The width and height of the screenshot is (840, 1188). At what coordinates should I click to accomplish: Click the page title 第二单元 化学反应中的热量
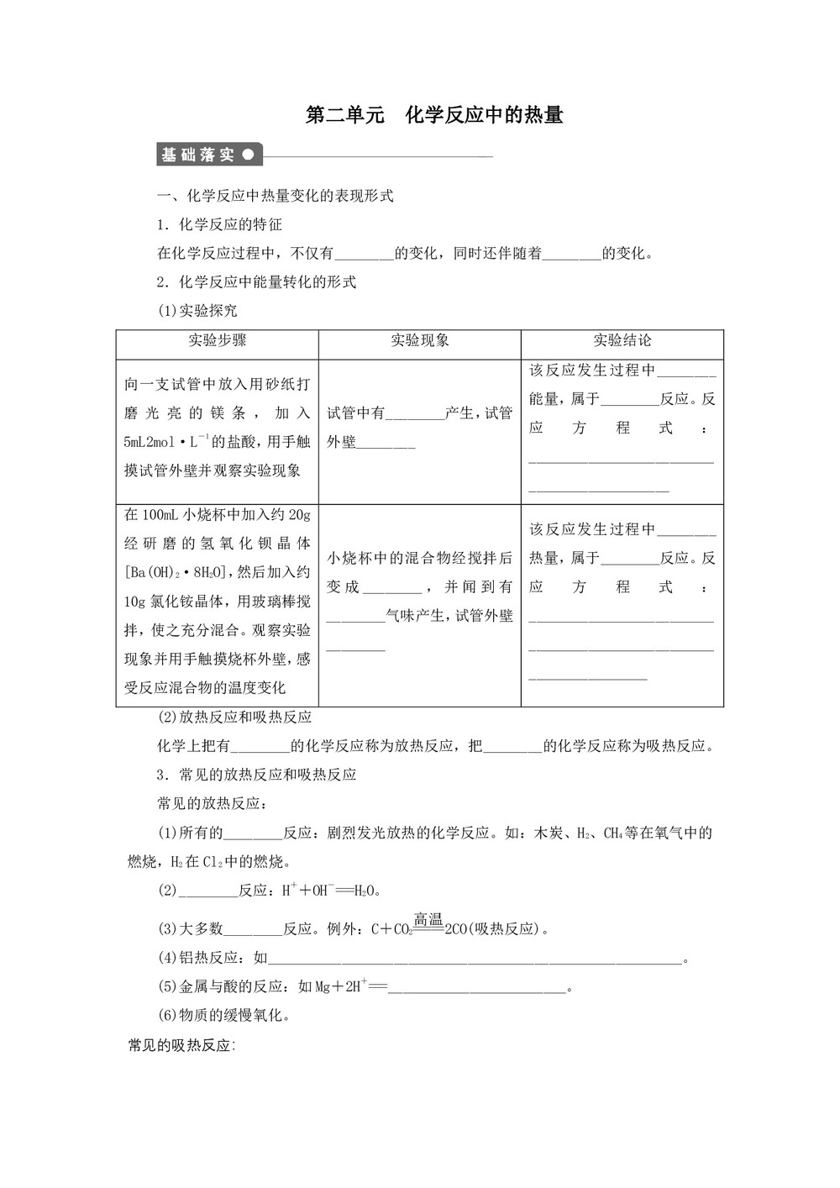(x=433, y=115)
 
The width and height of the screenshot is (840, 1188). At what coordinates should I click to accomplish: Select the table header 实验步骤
(x=217, y=340)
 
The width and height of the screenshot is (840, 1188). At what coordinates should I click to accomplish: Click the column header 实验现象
(x=419, y=340)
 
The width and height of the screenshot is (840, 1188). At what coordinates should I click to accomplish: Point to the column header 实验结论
(x=622, y=340)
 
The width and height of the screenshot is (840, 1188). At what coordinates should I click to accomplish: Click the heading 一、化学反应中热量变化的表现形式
(x=276, y=196)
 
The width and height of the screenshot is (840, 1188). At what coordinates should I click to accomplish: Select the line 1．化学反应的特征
(x=220, y=224)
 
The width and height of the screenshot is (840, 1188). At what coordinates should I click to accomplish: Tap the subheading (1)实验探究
(x=197, y=310)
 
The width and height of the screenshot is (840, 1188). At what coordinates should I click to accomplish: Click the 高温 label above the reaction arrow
(x=428, y=919)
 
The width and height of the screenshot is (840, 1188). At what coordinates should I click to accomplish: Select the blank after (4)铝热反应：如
(x=475, y=959)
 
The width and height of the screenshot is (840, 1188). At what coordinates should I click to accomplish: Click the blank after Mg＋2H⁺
(x=477, y=987)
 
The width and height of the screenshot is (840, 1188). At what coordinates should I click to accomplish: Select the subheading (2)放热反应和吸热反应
(x=235, y=717)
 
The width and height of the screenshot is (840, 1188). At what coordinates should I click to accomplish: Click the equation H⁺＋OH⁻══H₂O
(x=330, y=890)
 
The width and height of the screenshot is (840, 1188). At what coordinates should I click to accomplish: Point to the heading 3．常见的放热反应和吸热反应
(x=257, y=774)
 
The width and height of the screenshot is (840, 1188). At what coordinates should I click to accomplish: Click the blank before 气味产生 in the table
(x=354, y=617)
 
